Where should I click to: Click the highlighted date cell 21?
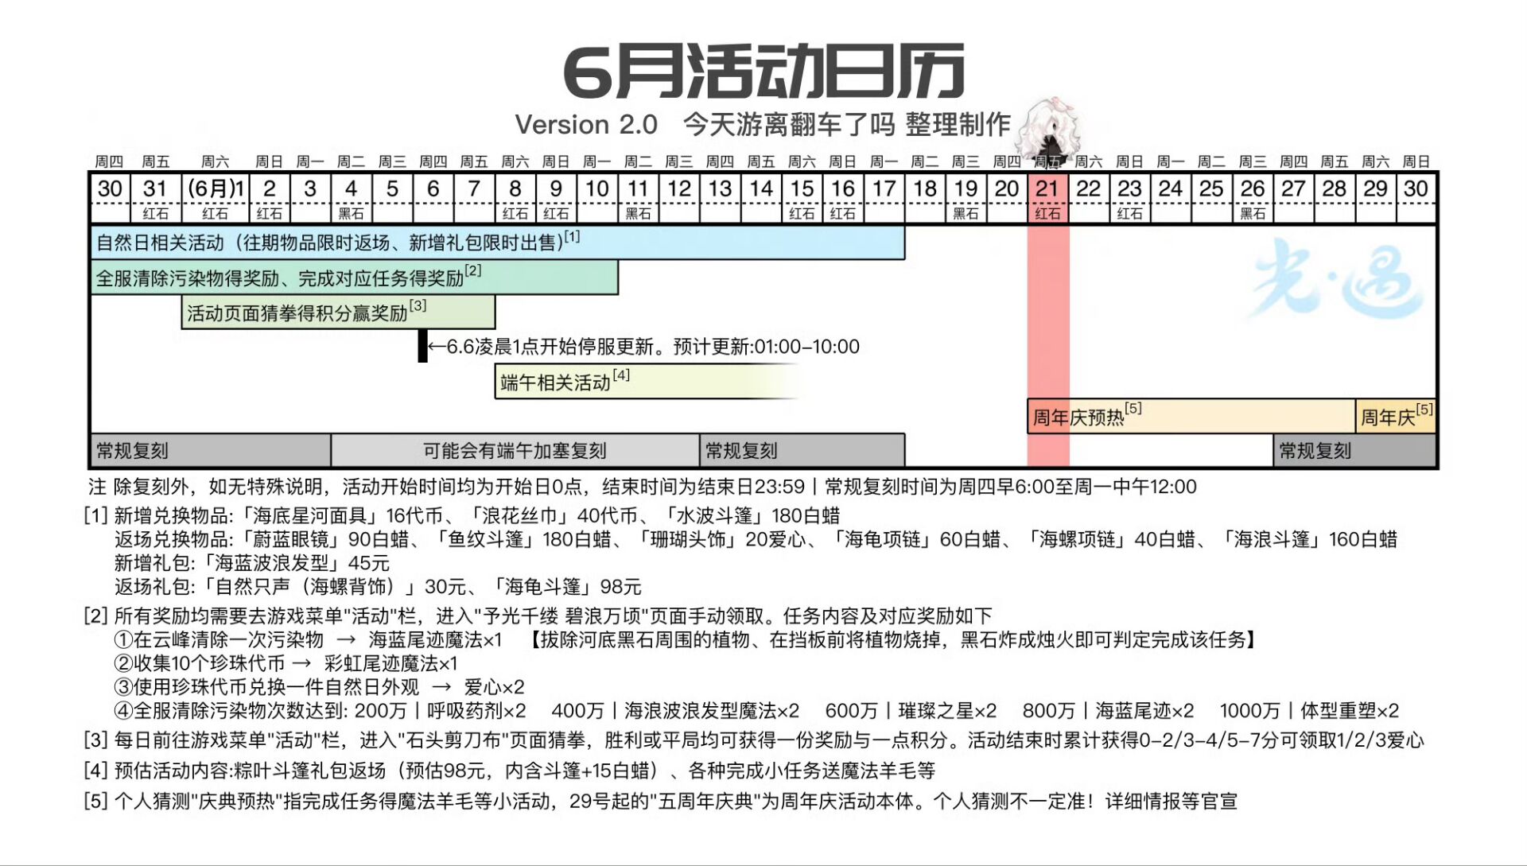coord(1047,189)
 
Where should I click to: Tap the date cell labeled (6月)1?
coord(215,189)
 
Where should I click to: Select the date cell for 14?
coord(761,189)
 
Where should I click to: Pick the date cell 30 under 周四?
coord(110,189)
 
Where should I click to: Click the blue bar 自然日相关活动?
coord(498,243)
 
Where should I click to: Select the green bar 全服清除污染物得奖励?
coord(355,278)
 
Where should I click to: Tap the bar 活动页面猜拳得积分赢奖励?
coord(339,312)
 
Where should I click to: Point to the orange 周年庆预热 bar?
coord(1191,416)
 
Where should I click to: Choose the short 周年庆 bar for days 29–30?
coord(1396,416)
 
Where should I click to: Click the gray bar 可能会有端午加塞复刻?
coord(515,451)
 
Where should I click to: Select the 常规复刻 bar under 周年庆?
coord(1355,451)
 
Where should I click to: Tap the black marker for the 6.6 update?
coord(423,346)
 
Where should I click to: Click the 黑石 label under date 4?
coord(351,214)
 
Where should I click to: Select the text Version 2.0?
coord(586,125)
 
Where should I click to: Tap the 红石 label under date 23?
coord(1129,214)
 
